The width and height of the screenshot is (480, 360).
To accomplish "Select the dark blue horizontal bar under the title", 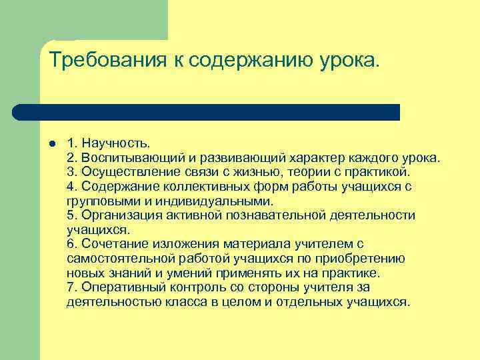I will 207,112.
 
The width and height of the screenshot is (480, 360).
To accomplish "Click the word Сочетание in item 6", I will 107,244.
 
